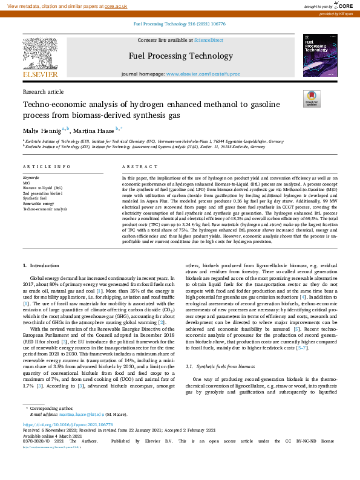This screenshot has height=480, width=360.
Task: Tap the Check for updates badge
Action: pos(311,99)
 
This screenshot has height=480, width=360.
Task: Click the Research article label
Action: pos(43,91)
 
